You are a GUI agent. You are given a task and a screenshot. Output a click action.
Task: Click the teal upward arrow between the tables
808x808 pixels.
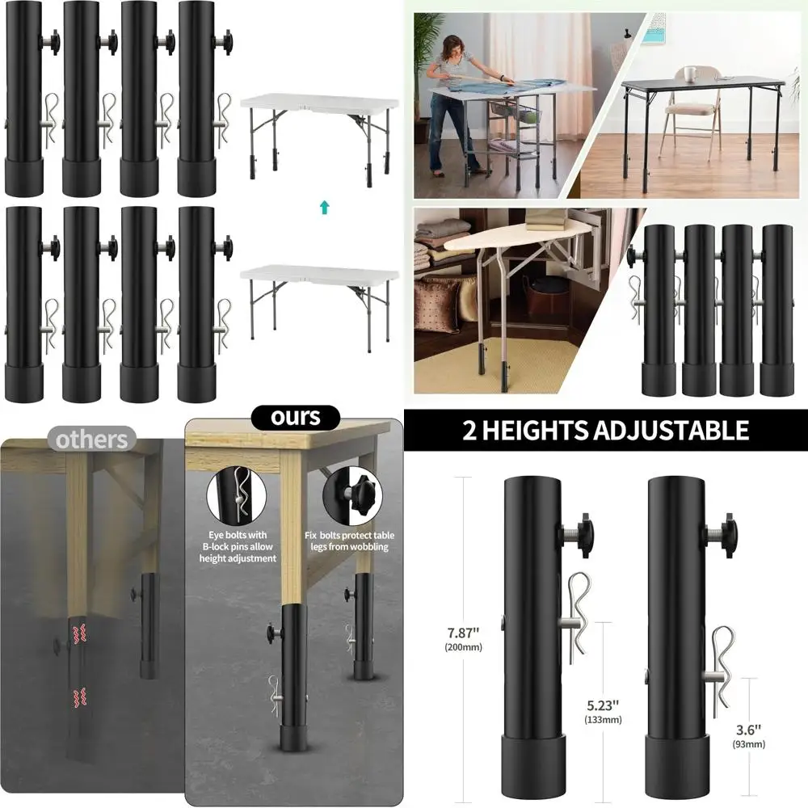pos(324,208)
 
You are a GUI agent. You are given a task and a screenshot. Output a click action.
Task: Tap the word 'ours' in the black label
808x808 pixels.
pos(296,417)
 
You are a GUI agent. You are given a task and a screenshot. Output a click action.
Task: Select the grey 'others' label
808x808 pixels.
pos(92,440)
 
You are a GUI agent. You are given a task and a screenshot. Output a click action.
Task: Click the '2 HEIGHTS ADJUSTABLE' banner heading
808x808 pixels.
pos(605,430)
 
